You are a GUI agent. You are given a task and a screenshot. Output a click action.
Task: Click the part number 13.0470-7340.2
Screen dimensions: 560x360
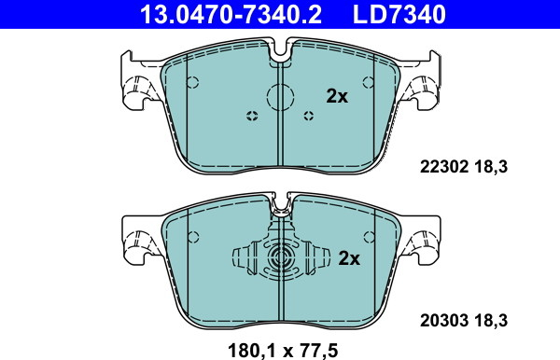[x=231, y=14]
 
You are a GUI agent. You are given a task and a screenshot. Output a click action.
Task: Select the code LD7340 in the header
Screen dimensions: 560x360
[x=399, y=14]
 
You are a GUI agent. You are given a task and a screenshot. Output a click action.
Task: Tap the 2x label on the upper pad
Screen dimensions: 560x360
[x=337, y=96]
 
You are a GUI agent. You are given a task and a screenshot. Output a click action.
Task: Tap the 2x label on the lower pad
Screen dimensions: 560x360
[x=349, y=258]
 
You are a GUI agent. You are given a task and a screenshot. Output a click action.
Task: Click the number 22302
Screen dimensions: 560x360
[x=444, y=167]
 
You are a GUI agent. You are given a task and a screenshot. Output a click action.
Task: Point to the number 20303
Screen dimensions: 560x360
[x=444, y=321]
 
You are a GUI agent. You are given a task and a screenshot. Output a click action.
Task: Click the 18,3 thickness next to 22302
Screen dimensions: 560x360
[x=491, y=167]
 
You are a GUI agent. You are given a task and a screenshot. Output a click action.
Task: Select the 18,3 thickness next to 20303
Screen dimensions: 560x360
[x=491, y=321]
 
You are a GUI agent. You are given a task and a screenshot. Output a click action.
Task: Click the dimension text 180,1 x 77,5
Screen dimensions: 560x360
[x=283, y=351]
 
